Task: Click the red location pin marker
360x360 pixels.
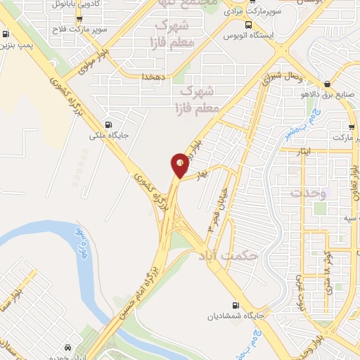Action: point(180,165)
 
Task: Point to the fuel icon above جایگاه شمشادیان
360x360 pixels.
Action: point(235,305)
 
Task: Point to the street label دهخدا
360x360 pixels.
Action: point(153,75)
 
